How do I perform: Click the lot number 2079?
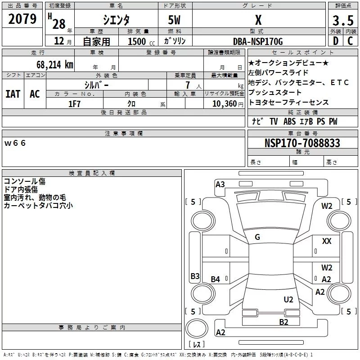[22, 19]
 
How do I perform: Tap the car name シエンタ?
[117, 20]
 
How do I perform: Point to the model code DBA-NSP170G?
[258, 42]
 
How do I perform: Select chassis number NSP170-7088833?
[302, 143]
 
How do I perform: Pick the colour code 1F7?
[74, 103]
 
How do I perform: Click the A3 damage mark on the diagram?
[220, 184]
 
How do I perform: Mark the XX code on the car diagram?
[327, 241]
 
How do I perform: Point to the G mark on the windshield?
[257, 237]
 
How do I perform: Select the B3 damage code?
[195, 276]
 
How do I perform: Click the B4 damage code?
[216, 279]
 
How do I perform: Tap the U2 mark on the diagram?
[288, 300]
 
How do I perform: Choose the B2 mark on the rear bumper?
[283, 322]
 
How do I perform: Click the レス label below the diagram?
[196, 345]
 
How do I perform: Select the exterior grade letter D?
[335, 42]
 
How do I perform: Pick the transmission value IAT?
[13, 94]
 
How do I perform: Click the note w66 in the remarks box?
[16, 143]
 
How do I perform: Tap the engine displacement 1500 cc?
[139, 42]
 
